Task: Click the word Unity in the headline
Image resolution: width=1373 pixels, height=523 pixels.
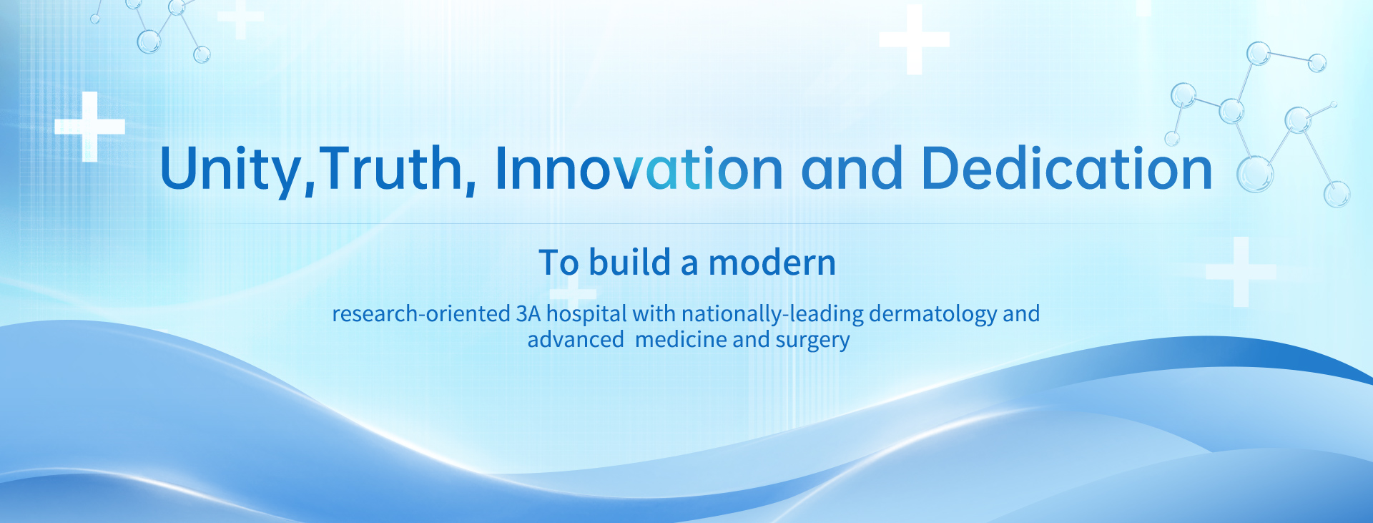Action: pos(230,170)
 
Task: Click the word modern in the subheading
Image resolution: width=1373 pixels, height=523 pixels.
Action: pos(772,263)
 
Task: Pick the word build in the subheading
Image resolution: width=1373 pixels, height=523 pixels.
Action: pos(630,262)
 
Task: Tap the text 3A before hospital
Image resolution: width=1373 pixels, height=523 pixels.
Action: pos(528,313)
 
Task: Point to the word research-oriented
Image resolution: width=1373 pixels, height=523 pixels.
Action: pos(421,313)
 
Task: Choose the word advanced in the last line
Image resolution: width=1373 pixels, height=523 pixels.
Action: pos(576,339)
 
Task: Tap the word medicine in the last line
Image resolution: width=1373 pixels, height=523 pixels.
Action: pos(681,339)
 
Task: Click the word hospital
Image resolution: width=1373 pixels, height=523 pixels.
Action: pos(586,315)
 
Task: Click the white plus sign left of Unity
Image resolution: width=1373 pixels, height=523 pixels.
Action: pos(89,127)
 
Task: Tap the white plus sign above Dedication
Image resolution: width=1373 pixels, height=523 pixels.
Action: pos(914,39)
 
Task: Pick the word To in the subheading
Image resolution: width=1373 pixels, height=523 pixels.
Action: pos(558,263)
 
